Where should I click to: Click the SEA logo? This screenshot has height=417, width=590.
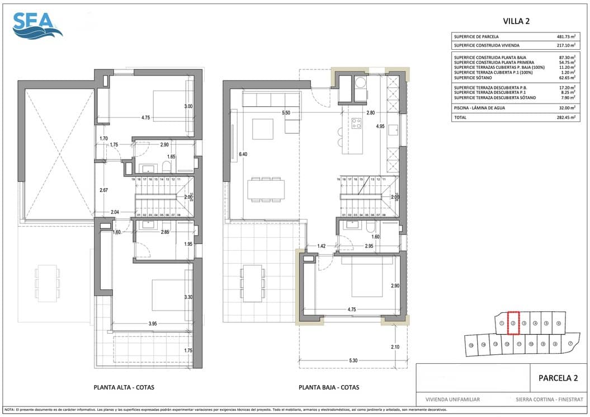tap(37, 25)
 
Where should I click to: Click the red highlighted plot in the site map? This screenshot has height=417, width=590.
tap(513, 323)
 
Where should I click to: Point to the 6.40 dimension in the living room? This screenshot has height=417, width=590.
tap(242, 154)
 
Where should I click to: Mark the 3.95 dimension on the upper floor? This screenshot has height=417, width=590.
tap(152, 324)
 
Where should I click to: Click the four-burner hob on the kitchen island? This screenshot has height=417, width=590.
tap(356, 123)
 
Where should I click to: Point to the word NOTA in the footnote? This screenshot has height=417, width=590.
tap(9, 410)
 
